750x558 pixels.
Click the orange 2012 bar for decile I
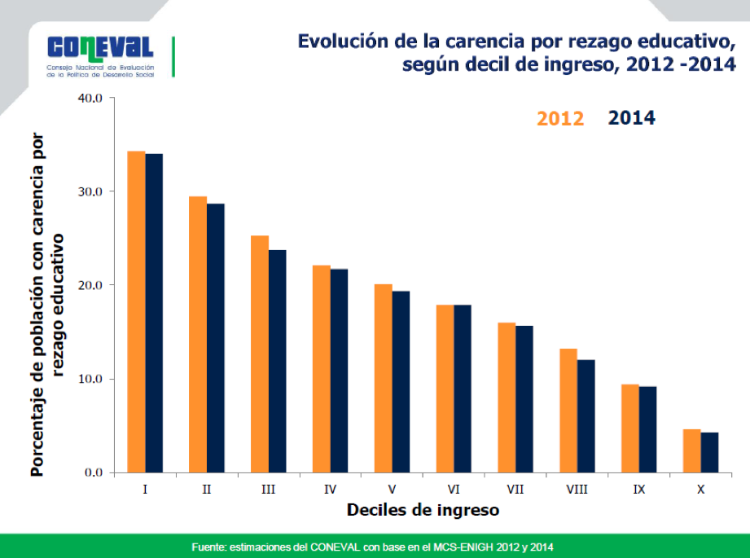[136, 312]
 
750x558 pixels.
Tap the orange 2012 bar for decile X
[691, 450]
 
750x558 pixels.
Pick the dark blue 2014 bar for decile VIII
[586, 415]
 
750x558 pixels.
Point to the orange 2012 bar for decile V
[383, 378]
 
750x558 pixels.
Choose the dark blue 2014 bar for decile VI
[463, 389]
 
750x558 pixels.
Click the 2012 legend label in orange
[560, 119]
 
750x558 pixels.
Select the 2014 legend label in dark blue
[632, 118]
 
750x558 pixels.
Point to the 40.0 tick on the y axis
[90, 98]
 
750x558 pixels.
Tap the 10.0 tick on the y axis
[90, 379]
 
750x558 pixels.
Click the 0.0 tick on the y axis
[93, 472]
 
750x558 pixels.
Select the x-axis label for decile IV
[330, 490]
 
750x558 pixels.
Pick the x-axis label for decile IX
[638, 490]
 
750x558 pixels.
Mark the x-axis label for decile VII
[515, 490]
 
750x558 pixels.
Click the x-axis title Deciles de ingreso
[423, 511]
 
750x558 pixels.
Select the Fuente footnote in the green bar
[375, 546]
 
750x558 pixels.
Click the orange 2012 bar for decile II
[198, 334]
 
